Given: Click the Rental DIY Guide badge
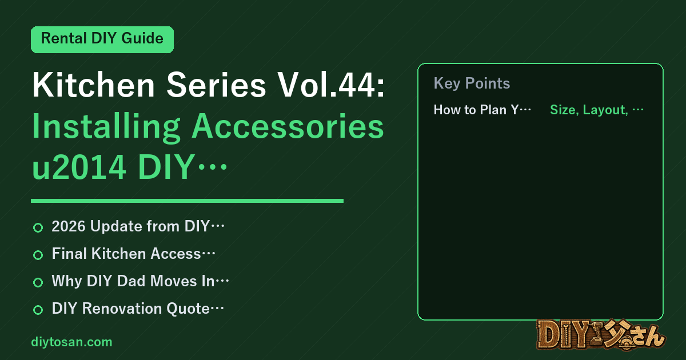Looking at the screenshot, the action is click(x=102, y=39).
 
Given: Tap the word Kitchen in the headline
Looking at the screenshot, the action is click(x=93, y=85).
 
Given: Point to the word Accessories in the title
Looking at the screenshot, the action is click(x=288, y=127).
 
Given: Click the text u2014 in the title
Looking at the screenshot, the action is click(x=79, y=167).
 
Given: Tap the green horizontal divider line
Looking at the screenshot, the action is click(x=187, y=201).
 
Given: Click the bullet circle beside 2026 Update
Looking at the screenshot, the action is click(x=38, y=227).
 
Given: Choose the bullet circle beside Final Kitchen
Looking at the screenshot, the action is click(x=38, y=255).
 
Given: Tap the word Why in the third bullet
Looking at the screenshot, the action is click(x=67, y=281).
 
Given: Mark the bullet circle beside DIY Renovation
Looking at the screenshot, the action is click(x=38, y=310).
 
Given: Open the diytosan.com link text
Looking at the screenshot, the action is click(x=71, y=342).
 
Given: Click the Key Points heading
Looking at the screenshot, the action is click(x=472, y=83).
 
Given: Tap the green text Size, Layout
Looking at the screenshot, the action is click(x=589, y=110).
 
